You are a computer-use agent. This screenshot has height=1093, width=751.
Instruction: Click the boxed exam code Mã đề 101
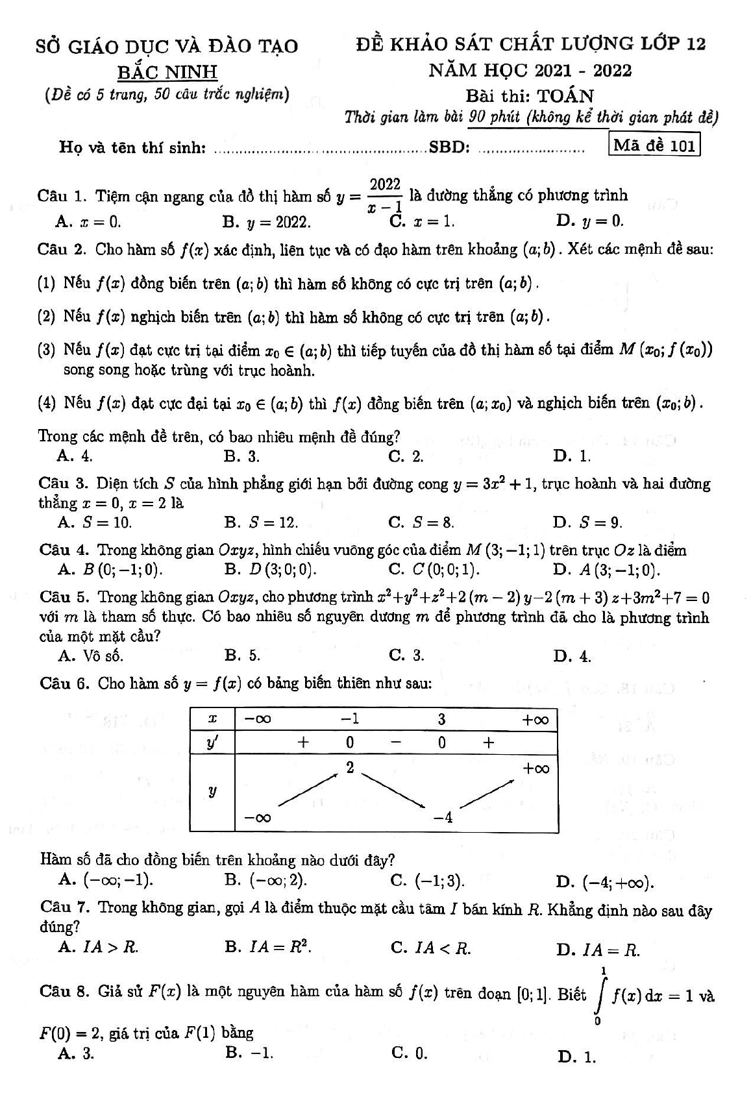pos(654,145)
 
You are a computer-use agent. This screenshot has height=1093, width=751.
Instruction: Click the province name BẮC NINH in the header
pos(167,71)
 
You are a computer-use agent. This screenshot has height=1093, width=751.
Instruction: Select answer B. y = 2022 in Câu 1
pos(267,222)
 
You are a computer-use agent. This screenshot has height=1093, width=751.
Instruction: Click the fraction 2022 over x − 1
pos(385,195)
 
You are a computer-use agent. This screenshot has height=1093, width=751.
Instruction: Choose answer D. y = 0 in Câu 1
pos(590,221)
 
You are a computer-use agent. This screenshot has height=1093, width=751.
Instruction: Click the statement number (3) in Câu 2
pos(47,350)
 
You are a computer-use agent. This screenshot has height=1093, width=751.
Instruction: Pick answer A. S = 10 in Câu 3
pos(95,522)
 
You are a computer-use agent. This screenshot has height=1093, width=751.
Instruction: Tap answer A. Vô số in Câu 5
pos(91,656)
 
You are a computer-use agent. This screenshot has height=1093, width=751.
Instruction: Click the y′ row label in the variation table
pos(212,743)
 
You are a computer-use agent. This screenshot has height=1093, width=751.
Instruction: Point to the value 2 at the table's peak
pos(350,768)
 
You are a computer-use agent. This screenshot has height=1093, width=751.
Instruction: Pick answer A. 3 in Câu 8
pos(77,1054)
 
